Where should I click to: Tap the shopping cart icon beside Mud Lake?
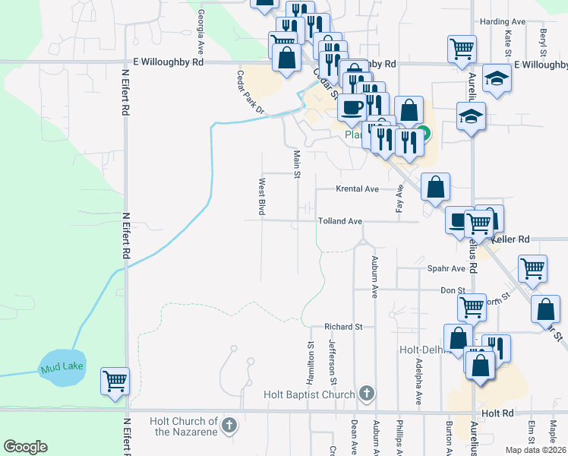[x=115, y=379]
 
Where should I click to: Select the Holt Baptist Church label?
[x=309, y=394]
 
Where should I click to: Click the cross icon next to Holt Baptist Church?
[x=367, y=393]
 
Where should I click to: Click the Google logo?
[x=26, y=447]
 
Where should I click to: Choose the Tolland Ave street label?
[x=339, y=221]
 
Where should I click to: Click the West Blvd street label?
[x=261, y=197]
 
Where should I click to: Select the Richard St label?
[x=344, y=327]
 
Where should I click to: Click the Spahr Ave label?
[x=447, y=268]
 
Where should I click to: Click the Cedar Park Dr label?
[x=250, y=93]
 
